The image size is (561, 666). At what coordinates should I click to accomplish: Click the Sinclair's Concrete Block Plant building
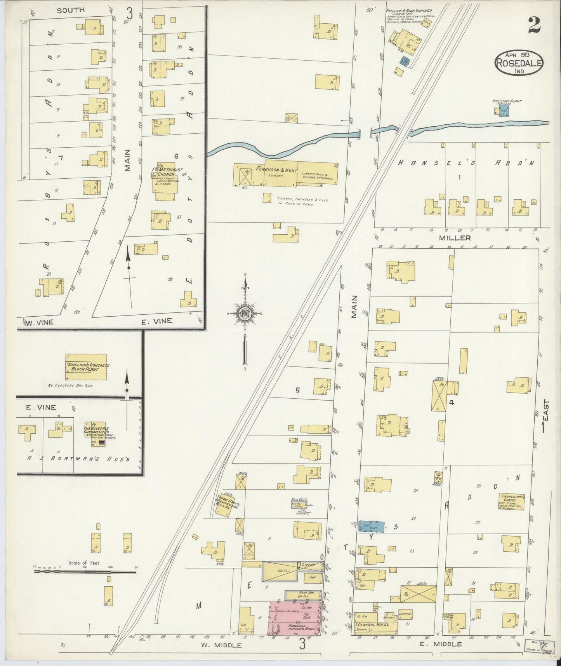86,367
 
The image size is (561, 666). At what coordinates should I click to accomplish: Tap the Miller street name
460,238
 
